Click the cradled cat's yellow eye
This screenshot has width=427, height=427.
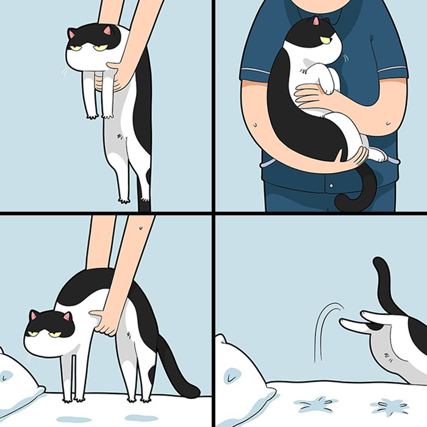(325, 40)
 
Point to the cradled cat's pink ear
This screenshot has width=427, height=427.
(315, 21)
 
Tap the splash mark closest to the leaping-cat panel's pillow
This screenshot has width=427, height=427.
(315, 403)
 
